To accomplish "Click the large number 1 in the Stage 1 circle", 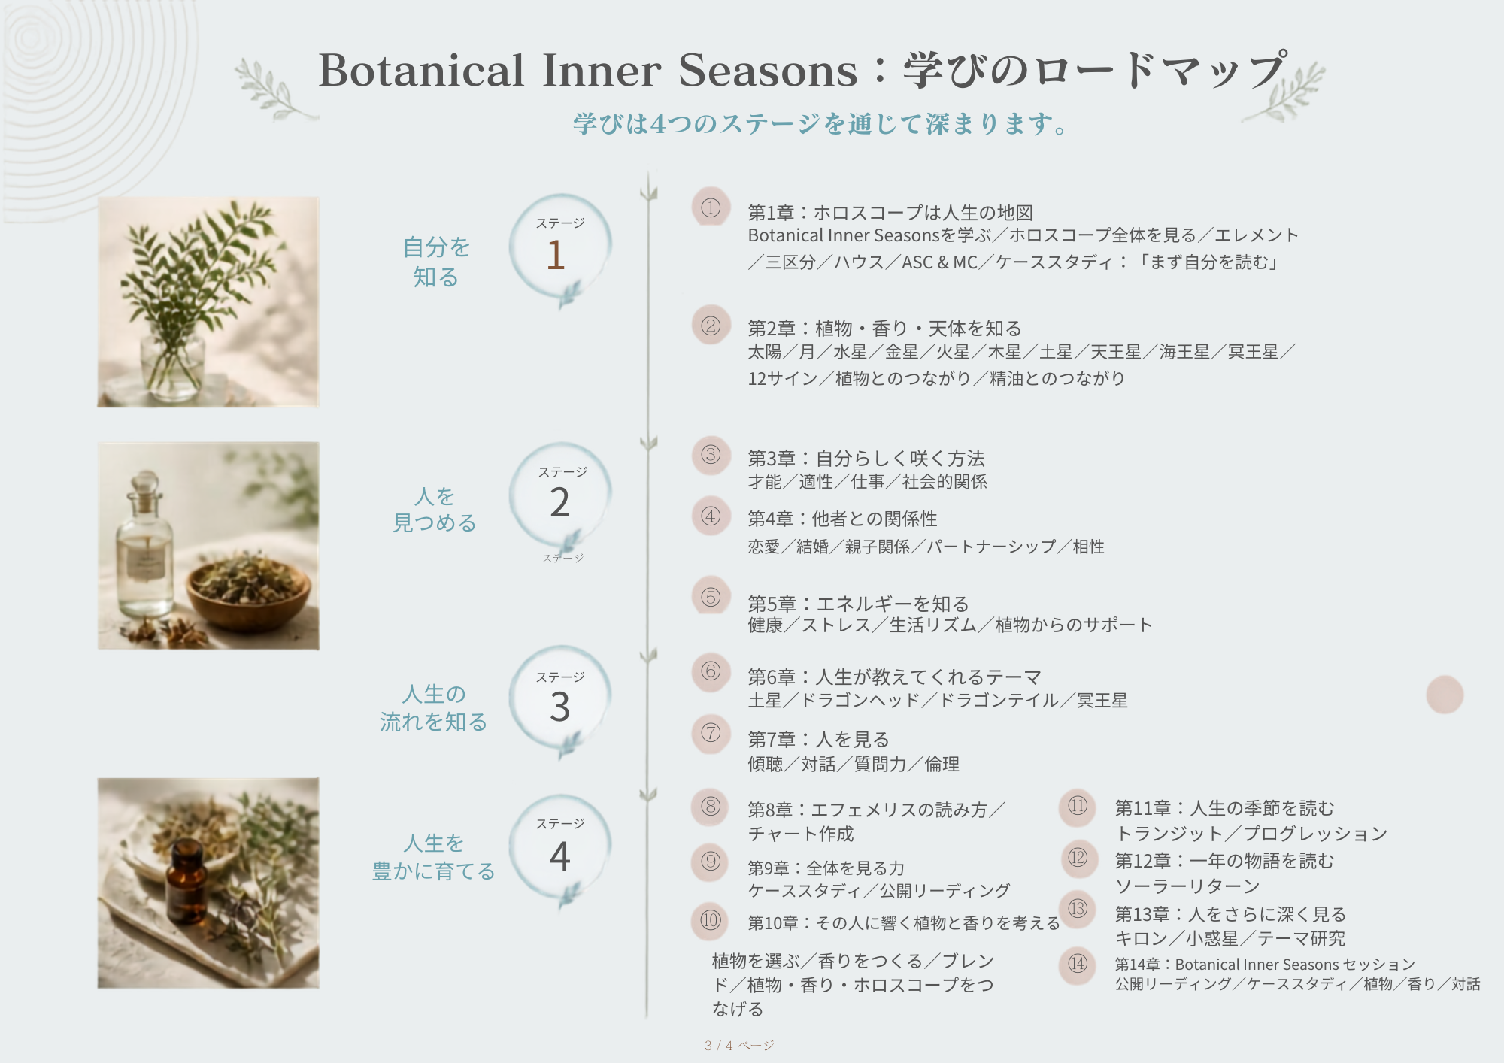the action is [556, 254].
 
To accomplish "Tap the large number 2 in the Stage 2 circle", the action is [559, 502].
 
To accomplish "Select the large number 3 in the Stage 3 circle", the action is [559, 707].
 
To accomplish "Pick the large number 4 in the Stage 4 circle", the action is [559, 856].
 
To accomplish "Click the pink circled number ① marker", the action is [711, 207].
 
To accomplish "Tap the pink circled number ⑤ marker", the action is [711, 597].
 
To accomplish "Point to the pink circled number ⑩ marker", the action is [711, 920].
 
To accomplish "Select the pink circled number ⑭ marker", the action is [1078, 963].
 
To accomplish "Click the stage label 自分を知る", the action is [436, 262].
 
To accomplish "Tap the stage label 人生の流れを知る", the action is [434, 707].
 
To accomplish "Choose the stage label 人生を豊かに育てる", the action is [434, 857].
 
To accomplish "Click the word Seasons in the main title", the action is [768, 71].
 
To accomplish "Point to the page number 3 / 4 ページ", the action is [739, 1046].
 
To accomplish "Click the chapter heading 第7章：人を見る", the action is [818, 740].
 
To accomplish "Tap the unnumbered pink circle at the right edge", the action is [1445, 695].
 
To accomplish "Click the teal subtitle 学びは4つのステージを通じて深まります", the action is [820, 123].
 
